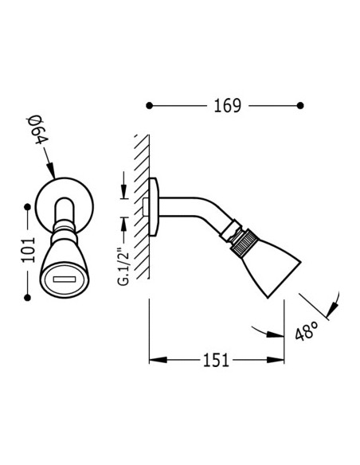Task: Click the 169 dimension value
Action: (x=228, y=106)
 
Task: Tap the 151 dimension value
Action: (x=216, y=361)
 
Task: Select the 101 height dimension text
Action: (x=28, y=250)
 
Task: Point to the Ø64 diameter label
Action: (x=37, y=131)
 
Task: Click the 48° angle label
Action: (x=307, y=330)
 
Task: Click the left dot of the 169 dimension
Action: (x=150, y=105)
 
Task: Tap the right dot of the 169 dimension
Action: (x=300, y=105)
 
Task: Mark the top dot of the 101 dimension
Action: (x=28, y=207)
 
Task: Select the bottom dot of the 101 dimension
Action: (x=28, y=298)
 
